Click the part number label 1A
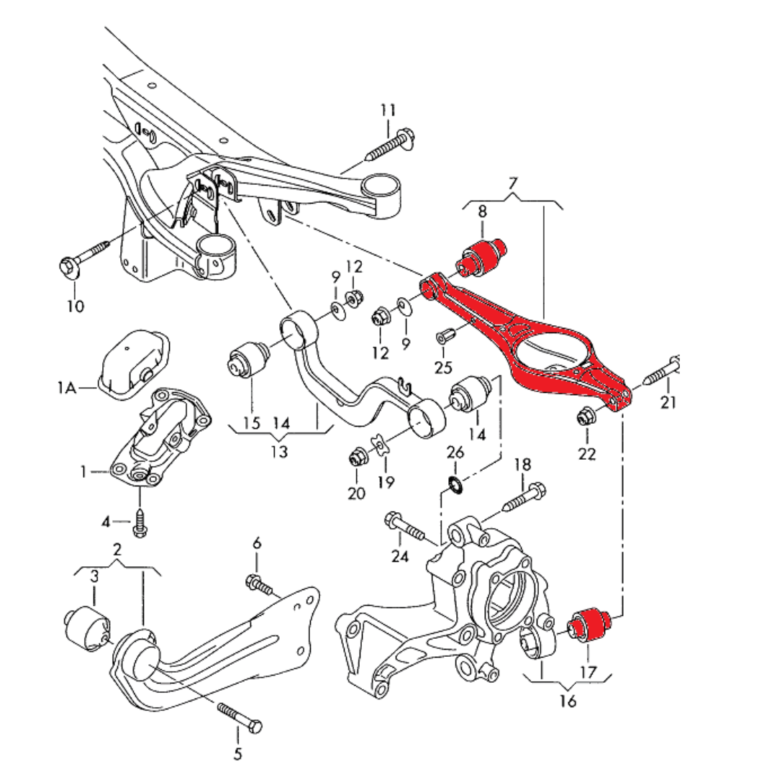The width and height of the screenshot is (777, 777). coord(66,388)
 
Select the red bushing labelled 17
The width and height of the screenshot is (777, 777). coord(591,621)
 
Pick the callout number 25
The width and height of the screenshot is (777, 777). coord(443,368)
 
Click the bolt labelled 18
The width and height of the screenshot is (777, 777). coord(523,498)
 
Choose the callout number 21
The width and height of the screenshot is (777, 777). coord(669,403)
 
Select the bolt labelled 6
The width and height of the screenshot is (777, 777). coord(259,584)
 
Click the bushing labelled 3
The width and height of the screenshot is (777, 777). coord(86,627)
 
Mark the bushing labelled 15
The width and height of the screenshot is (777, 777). coord(249,360)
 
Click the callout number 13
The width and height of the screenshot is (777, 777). coord(279,452)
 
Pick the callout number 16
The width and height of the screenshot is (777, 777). coord(568,701)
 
